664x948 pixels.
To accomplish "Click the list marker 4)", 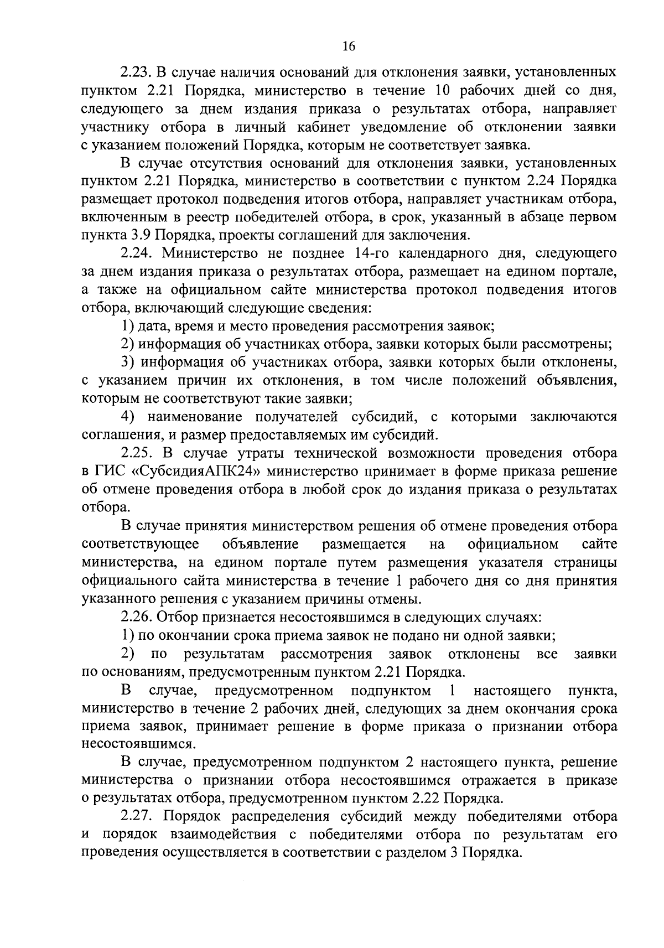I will [x=129, y=417].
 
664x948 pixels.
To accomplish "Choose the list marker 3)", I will [x=128, y=362].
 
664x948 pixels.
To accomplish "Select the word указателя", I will [x=513, y=563].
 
